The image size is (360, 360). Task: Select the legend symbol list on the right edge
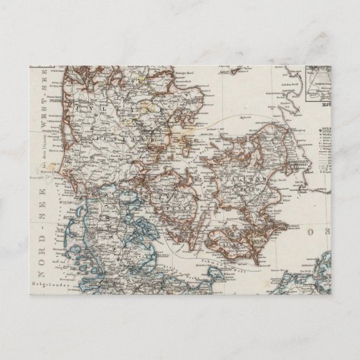(x=325, y=139)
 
